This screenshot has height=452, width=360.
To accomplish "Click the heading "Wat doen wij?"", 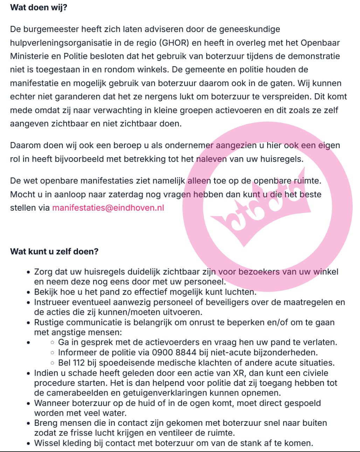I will (x=39, y=7).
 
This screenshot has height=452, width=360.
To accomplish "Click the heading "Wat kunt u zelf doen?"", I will (x=54, y=251).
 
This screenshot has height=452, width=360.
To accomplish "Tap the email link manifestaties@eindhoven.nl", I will (x=108, y=207).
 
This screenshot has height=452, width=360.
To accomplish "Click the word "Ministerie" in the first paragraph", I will (x=31, y=56).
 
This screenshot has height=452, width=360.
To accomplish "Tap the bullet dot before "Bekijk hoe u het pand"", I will (x=29, y=292).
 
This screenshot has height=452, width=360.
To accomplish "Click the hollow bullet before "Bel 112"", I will (x=52, y=363).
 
